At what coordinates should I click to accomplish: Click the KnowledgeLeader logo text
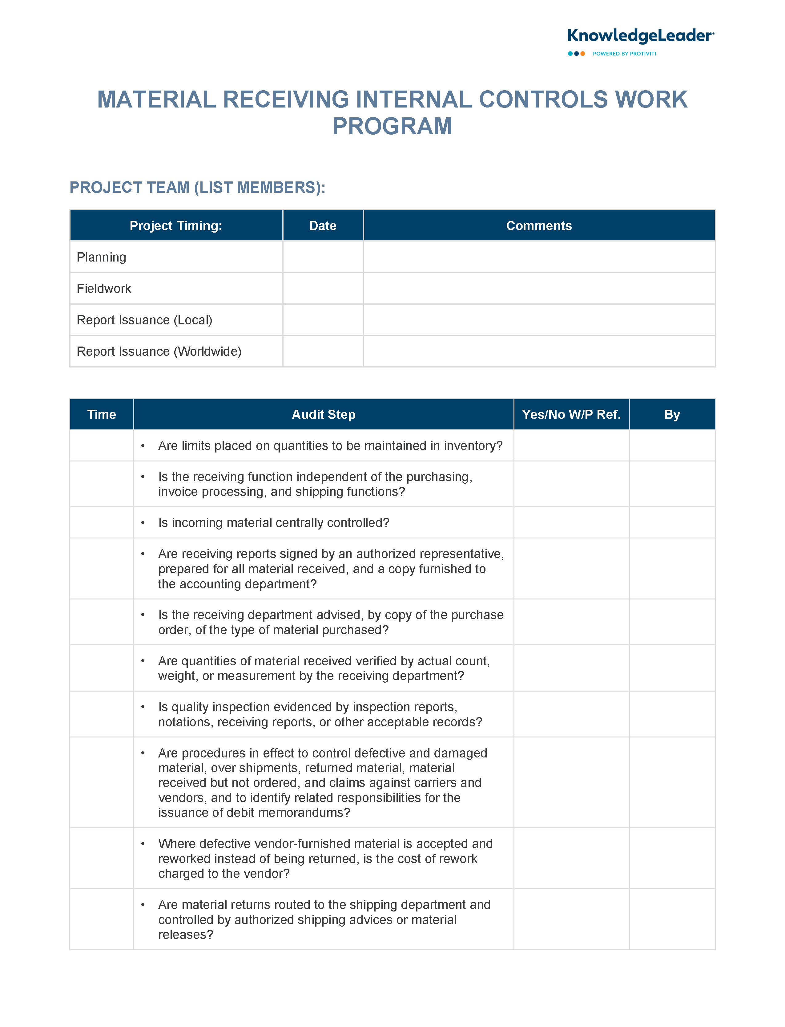[x=640, y=36]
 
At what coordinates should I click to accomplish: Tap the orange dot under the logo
[x=583, y=54]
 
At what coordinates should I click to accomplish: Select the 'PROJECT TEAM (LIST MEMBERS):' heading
[x=197, y=188]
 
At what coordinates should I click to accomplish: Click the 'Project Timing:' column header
[x=176, y=226]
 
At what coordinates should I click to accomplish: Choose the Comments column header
[x=539, y=226]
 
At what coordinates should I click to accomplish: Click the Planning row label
[x=101, y=257]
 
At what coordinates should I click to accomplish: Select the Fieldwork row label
[x=104, y=288]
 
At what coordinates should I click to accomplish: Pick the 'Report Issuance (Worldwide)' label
[x=159, y=351]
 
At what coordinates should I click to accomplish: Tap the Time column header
[x=101, y=415]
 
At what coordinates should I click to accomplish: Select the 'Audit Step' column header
[x=323, y=415]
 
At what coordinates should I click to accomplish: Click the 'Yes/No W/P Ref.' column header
[x=571, y=415]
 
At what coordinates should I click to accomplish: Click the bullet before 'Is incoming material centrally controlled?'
[x=143, y=523]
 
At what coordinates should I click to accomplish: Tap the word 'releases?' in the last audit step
[x=186, y=935]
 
